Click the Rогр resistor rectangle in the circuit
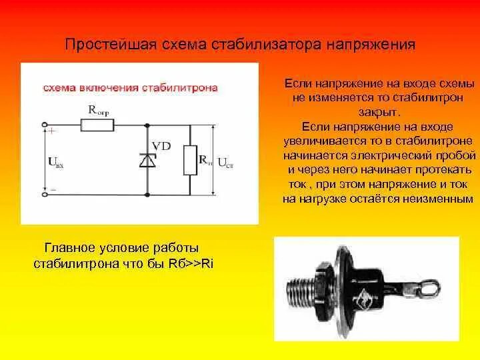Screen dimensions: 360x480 pyautogui.click(x=97, y=124)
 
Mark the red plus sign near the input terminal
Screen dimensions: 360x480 pyautogui.click(x=52, y=132)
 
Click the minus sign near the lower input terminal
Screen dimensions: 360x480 pyautogui.click(x=53, y=189)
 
